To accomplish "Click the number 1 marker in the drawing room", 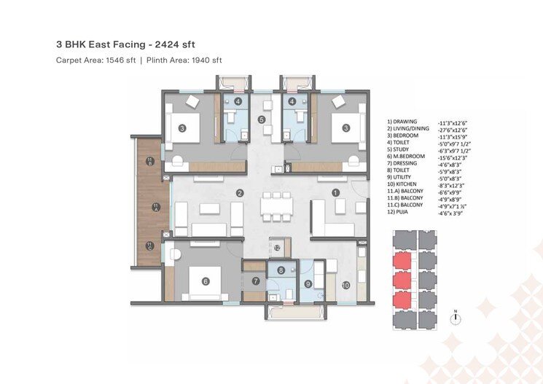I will click(x=335, y=193).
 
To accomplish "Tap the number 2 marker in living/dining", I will click(x=239, y=193).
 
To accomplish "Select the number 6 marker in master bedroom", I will click(x=206, y=281).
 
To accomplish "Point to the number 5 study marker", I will click(x=262, y=119).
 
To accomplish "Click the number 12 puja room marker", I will click(x=277, y=248).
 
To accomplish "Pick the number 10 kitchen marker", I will click(x=345, y=285).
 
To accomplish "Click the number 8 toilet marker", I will click(x=281, y=270).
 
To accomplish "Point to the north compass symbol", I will click(x=455, y=317).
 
